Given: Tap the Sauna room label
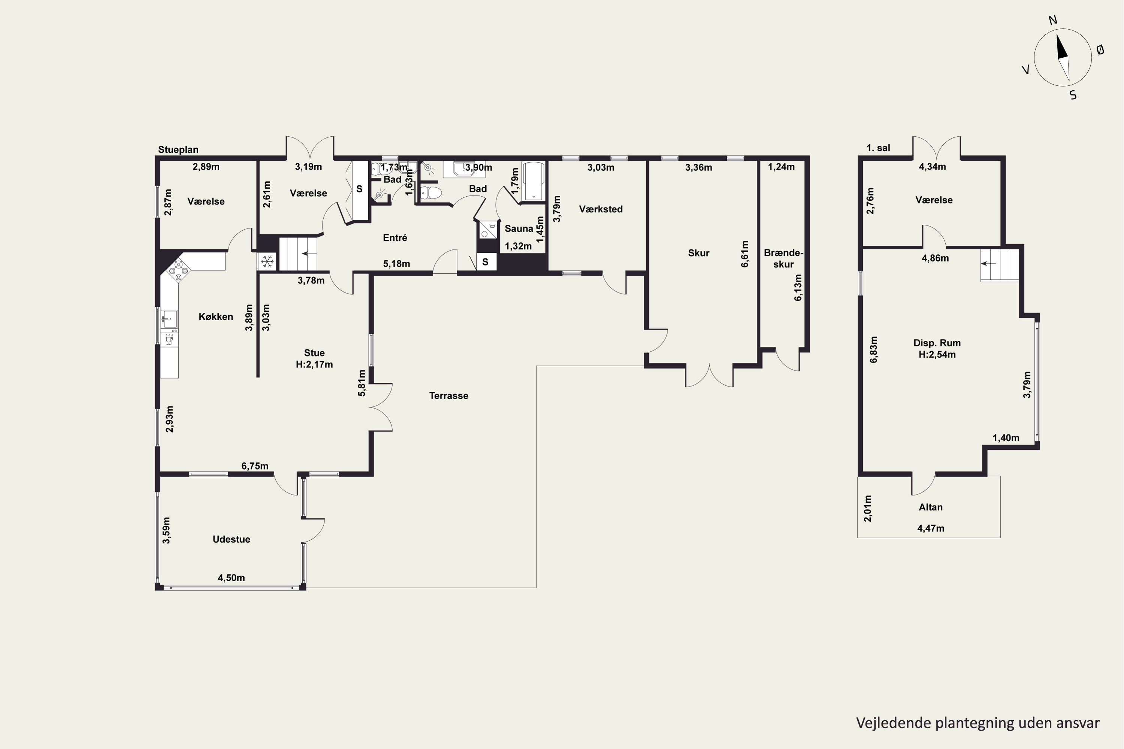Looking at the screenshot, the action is [x=519, y=229].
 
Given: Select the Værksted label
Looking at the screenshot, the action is [x=601, y=209].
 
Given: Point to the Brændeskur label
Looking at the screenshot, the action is [x=783, y=258].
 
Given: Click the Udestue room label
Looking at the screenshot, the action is [x=231, y=539].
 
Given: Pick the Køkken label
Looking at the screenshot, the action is [x=215, y=317].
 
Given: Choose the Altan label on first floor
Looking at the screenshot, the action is [x=930, y=507].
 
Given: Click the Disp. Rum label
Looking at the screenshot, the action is [x=937, y=343].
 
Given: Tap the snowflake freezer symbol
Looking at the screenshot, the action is [x=267, y=262].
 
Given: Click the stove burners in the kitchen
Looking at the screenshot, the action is [x=179, y=270].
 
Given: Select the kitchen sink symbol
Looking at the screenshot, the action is [x=169, y=319].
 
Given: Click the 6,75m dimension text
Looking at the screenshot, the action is [x=255, y=466].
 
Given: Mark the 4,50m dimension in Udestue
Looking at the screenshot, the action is [x=231, y=578].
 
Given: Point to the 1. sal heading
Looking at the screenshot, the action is [x=878, y=148].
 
